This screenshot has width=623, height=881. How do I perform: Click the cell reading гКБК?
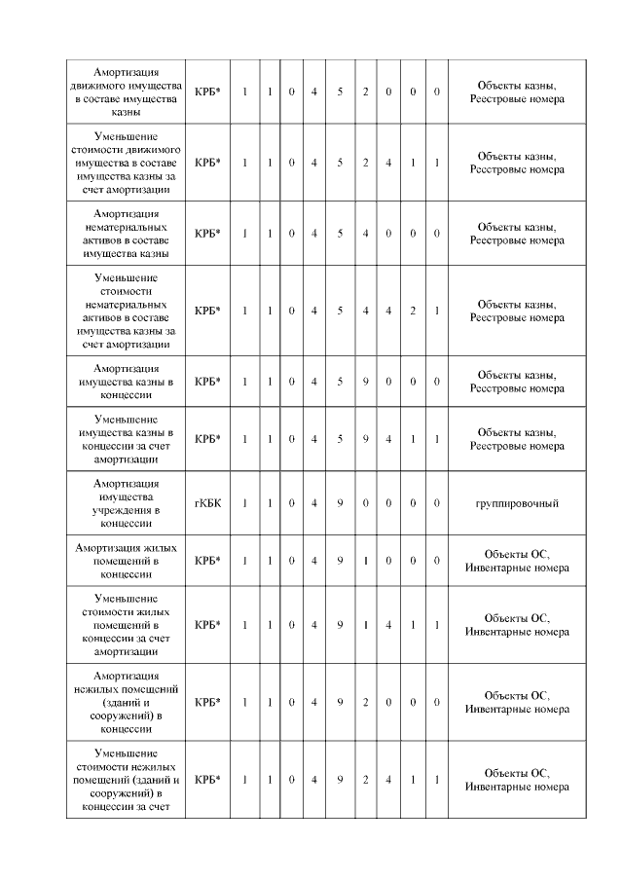[x=206, y=503]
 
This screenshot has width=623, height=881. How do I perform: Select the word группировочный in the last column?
[x=516, y=503]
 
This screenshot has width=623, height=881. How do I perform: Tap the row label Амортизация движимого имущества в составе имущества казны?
[x=127, y=92]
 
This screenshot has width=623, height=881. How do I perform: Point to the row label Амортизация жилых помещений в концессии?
[x=127, y=561]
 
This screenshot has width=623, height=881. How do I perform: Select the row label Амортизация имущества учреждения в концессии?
[x=127, y=503]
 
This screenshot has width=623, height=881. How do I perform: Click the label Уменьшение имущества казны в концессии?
[x=127, y=439]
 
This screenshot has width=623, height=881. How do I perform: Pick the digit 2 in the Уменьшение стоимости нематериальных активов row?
[x=413, y=311]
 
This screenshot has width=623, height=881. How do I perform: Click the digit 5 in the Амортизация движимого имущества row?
[x=340, y=92]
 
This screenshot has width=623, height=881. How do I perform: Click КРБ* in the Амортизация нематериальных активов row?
[x=206, y=233]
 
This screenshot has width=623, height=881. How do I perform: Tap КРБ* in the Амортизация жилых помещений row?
[x=206, y=561]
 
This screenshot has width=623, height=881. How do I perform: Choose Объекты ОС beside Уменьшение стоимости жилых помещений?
[x=516, y=618]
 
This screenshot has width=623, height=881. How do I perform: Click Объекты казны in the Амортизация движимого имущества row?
[x=516, y=86]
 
